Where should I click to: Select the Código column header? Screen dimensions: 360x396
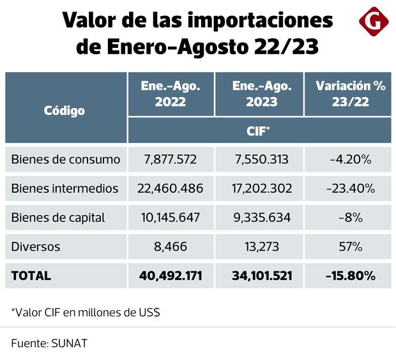tap(65, 110)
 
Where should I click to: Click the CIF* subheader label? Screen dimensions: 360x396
tap(259, 130)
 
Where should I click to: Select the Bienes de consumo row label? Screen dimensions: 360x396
tap(66, 160)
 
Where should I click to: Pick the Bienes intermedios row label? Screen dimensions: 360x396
tap(65, 188)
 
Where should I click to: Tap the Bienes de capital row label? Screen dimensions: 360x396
tap(58, 218)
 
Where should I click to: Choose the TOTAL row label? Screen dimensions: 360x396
tap(31, 276)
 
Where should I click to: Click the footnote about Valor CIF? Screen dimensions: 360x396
tap(86, 313)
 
